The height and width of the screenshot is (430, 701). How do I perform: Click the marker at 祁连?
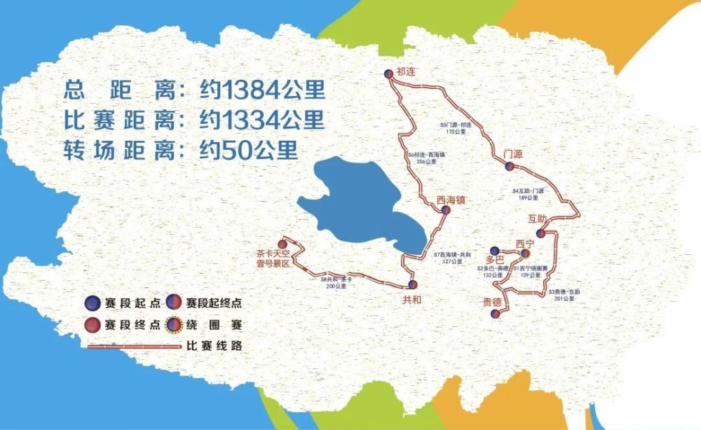point(388,74)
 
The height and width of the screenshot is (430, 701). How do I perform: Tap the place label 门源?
point(513,154)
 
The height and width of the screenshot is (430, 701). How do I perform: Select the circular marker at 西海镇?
point(445,209)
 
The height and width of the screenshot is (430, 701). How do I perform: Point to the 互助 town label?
point(538,220)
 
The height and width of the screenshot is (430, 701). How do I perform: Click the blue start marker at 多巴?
point(494,251)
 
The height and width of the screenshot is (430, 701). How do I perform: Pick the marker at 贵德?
point(495,314)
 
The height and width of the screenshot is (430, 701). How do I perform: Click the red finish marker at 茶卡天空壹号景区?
point(282,244)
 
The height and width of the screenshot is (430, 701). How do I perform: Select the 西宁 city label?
point(525,243)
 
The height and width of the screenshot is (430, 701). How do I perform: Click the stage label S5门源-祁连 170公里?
point(456,128)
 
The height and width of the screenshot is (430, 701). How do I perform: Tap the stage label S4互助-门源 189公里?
point(529,194)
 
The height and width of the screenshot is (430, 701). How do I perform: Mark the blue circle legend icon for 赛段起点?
point(92,304)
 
